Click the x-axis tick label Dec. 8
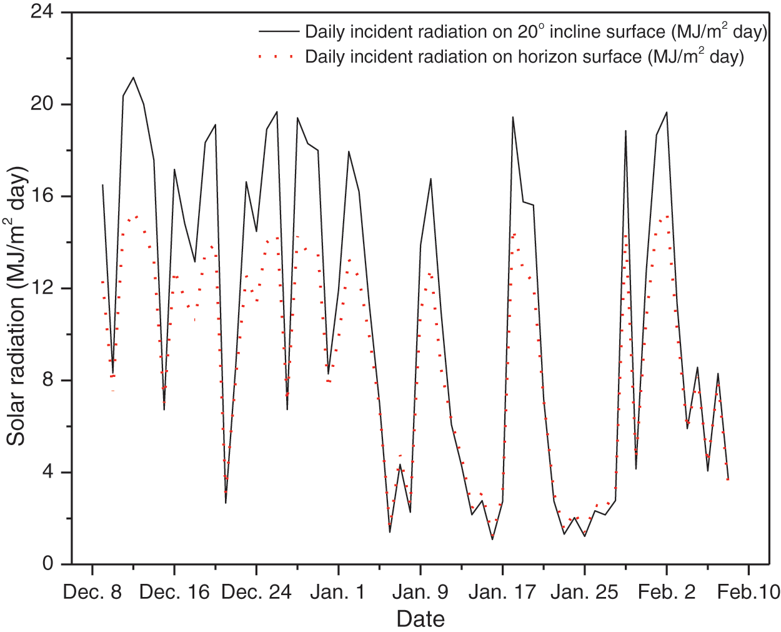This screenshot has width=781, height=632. [92, 591]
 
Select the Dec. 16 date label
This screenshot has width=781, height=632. [174, 591]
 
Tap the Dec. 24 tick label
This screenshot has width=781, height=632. [256, 591]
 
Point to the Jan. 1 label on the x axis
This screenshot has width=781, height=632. [338, 591]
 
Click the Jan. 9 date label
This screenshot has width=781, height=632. [420, 591]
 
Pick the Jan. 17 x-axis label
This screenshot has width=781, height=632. [502, 591]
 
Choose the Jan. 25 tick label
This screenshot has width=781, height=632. [584, 591]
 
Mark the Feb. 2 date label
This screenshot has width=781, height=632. [667, 591]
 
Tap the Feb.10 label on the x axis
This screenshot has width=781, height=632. [749, 591]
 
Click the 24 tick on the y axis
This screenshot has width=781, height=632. [42, 13]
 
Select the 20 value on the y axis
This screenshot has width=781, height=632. [42, 104]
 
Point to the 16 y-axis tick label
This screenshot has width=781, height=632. [42, 196]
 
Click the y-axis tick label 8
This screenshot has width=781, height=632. [48, 380]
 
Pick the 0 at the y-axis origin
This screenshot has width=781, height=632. [48, 564]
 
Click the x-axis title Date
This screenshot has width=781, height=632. [420, 619]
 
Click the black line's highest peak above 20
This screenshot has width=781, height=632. [133, 78]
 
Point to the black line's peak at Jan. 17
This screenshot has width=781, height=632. [513, 117]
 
